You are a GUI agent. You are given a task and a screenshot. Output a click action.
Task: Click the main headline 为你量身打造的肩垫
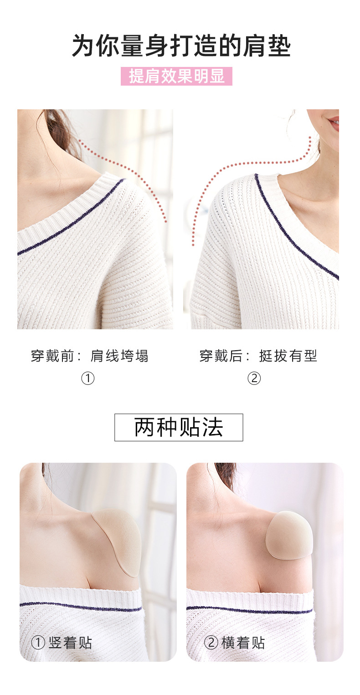pos(181,46)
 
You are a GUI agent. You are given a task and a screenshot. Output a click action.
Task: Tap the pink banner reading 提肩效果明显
pos(177,76)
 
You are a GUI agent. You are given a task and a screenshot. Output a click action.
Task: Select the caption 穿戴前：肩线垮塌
pos(90,356)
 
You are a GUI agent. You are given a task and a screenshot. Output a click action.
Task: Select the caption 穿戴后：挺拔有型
pos(258,356)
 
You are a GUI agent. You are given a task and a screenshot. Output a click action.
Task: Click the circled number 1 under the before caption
pos(87,378)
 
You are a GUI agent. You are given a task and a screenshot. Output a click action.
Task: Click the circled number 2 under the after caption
pos(254,378)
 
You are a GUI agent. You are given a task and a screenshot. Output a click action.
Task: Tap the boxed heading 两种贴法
pos(179,427)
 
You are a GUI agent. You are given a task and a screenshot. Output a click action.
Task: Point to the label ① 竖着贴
pos(62,643)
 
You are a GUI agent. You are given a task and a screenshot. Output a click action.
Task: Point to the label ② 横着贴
pos(234,643)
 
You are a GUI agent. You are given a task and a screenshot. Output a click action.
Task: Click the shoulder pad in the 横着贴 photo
pos(289,534)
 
